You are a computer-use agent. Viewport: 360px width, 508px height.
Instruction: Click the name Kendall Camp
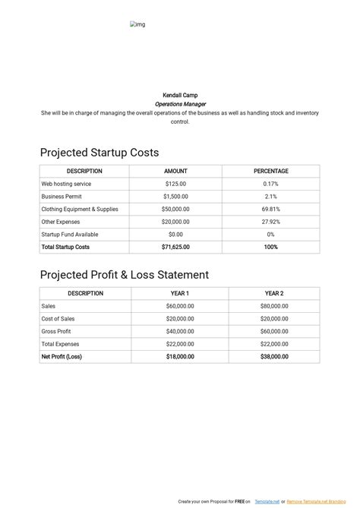[180, 95]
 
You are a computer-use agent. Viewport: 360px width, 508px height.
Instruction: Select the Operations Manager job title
[180, 104]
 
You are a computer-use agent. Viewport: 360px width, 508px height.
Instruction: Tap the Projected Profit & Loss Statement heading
[124, 275]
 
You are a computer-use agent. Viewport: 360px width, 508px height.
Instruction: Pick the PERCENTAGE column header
[271, 172]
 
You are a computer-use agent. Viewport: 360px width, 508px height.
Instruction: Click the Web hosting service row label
[66, 184]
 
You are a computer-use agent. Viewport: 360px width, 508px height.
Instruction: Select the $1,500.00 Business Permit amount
[175, 197]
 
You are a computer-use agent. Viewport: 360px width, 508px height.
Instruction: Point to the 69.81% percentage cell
[271, 209]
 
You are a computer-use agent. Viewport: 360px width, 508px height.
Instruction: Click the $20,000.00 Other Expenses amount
[175, 222]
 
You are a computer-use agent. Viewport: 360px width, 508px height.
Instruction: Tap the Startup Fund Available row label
[70, 235]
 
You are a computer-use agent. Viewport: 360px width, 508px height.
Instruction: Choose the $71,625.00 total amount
[175, 247]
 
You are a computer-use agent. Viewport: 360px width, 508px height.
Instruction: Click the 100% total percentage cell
[271, 247]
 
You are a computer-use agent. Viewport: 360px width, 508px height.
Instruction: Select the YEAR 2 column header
[274, 293]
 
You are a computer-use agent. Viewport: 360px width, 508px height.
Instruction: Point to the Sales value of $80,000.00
[274, 306]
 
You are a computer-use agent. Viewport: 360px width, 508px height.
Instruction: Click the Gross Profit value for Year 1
[180, 332]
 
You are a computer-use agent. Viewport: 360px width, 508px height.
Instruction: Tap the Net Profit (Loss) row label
[62, 356]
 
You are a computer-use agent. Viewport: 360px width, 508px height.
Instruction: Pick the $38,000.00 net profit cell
[274, 356]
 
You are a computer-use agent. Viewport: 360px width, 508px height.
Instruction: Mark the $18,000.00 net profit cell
[180, 356]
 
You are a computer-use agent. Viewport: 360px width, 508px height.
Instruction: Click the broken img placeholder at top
[137, 25]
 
